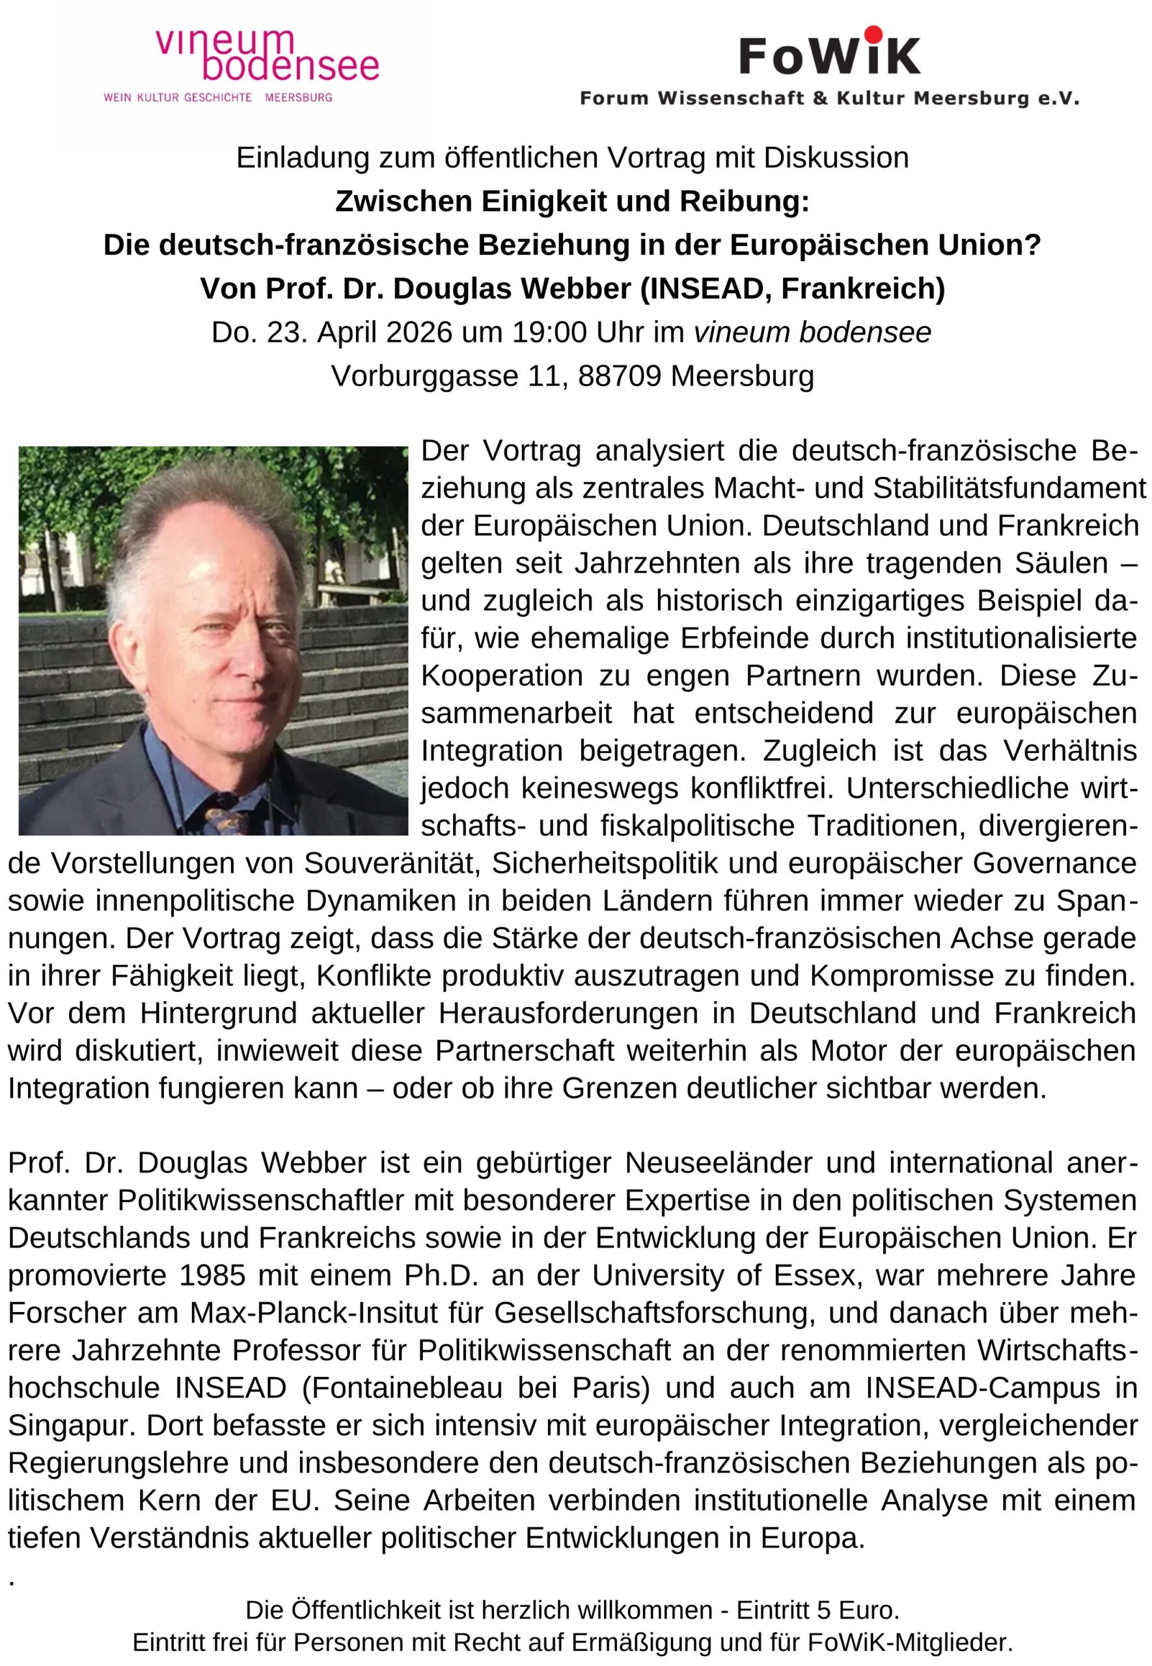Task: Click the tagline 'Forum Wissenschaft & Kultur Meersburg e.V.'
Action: [829, 98]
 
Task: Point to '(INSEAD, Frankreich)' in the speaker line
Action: [792, 288]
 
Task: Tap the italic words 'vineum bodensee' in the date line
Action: [812, 333]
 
